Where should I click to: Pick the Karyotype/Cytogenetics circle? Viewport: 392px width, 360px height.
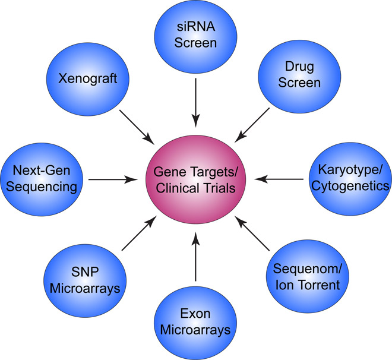coord(349,178)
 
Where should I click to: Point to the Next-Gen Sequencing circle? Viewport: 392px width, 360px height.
coord(40,178)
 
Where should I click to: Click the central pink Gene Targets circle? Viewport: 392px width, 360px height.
coord(195,178)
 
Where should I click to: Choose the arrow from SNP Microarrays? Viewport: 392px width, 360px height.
coord(137,233)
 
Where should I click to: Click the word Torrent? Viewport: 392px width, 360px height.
coord(320,285)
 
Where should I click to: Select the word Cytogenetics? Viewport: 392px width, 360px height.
coord(349,187)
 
